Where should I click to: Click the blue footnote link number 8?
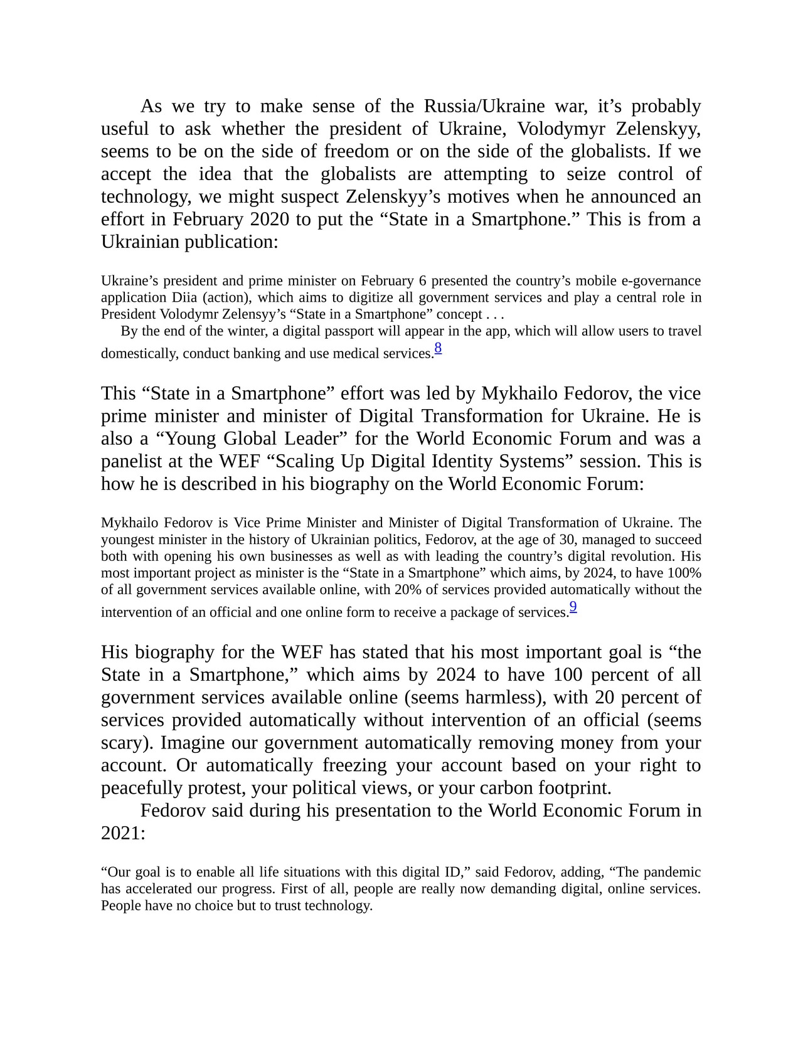click(438, 348)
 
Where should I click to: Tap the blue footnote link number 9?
click(573, 607)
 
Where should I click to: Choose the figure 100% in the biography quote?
click(686, 573)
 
